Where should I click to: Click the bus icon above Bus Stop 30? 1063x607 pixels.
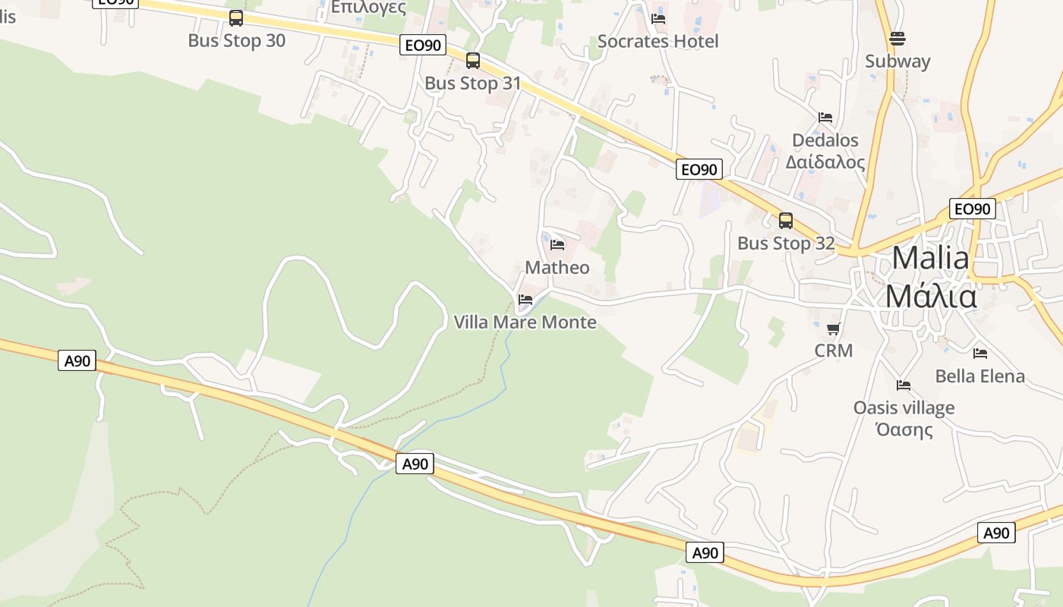click(236, 18)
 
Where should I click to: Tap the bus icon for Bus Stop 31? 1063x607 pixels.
click(473, 61)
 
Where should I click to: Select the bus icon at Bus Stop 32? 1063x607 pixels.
click(786, 221)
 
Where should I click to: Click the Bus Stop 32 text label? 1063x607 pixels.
click(786, 244)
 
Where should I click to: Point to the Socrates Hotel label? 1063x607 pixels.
click(658, 41)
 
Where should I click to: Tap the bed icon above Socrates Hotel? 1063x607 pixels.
click(658, 19)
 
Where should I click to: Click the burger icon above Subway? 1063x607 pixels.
click(897, 39)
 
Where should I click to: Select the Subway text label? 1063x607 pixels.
click(897, 61)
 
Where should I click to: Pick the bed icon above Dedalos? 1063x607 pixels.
click(825, 118)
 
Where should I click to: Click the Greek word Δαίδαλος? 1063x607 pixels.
click(825, 162)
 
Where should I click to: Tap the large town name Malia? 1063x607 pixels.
click(930, 258)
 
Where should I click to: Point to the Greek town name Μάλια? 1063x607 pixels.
click(930, 296)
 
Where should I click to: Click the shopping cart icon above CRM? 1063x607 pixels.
click(834, 329)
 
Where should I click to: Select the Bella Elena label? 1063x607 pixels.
click(979, 376)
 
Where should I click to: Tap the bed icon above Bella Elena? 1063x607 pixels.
click(980, 353)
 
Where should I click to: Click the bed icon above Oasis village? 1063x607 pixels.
click(904, 385)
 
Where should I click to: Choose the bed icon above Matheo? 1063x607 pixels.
click(557, 245)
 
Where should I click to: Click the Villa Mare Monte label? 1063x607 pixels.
click(525, 322)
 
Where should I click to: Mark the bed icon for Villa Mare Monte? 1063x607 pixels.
click(525, 300)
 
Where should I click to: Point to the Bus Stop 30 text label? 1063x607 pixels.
click(236, 41)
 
